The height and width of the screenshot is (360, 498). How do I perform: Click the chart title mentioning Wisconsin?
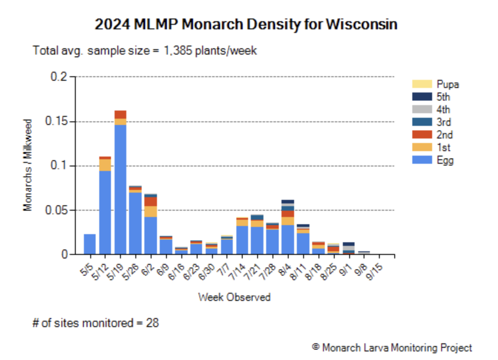(x=246, y=24)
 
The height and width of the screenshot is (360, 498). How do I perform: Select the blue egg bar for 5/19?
(x=120, y=189)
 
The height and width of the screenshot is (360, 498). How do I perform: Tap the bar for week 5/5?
(x=90, y=244)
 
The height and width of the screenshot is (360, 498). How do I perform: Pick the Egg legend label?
(x=445, y=160)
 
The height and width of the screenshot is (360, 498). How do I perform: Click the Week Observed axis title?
(x=235, y=297)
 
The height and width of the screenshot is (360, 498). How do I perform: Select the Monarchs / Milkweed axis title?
(x=28, y=165)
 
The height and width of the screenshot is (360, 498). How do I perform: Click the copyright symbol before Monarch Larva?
(x=316, y=347)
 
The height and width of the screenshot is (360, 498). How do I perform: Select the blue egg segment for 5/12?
(x=105, y=212)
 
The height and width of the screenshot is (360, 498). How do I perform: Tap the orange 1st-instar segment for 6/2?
(x=151, y=212)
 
